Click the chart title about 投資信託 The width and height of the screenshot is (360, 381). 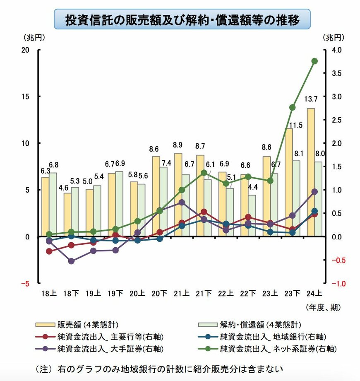(182, 19)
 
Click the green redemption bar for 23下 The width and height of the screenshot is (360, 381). (296, 199)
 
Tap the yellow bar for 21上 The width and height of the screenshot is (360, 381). (178, 195)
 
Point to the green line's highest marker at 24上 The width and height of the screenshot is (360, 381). (314, 61)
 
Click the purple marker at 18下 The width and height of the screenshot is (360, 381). (71, 261)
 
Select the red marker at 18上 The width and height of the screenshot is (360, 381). (49, 251)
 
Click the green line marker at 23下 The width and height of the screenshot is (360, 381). (292, 107)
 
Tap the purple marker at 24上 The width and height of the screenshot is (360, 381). (314, 192)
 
